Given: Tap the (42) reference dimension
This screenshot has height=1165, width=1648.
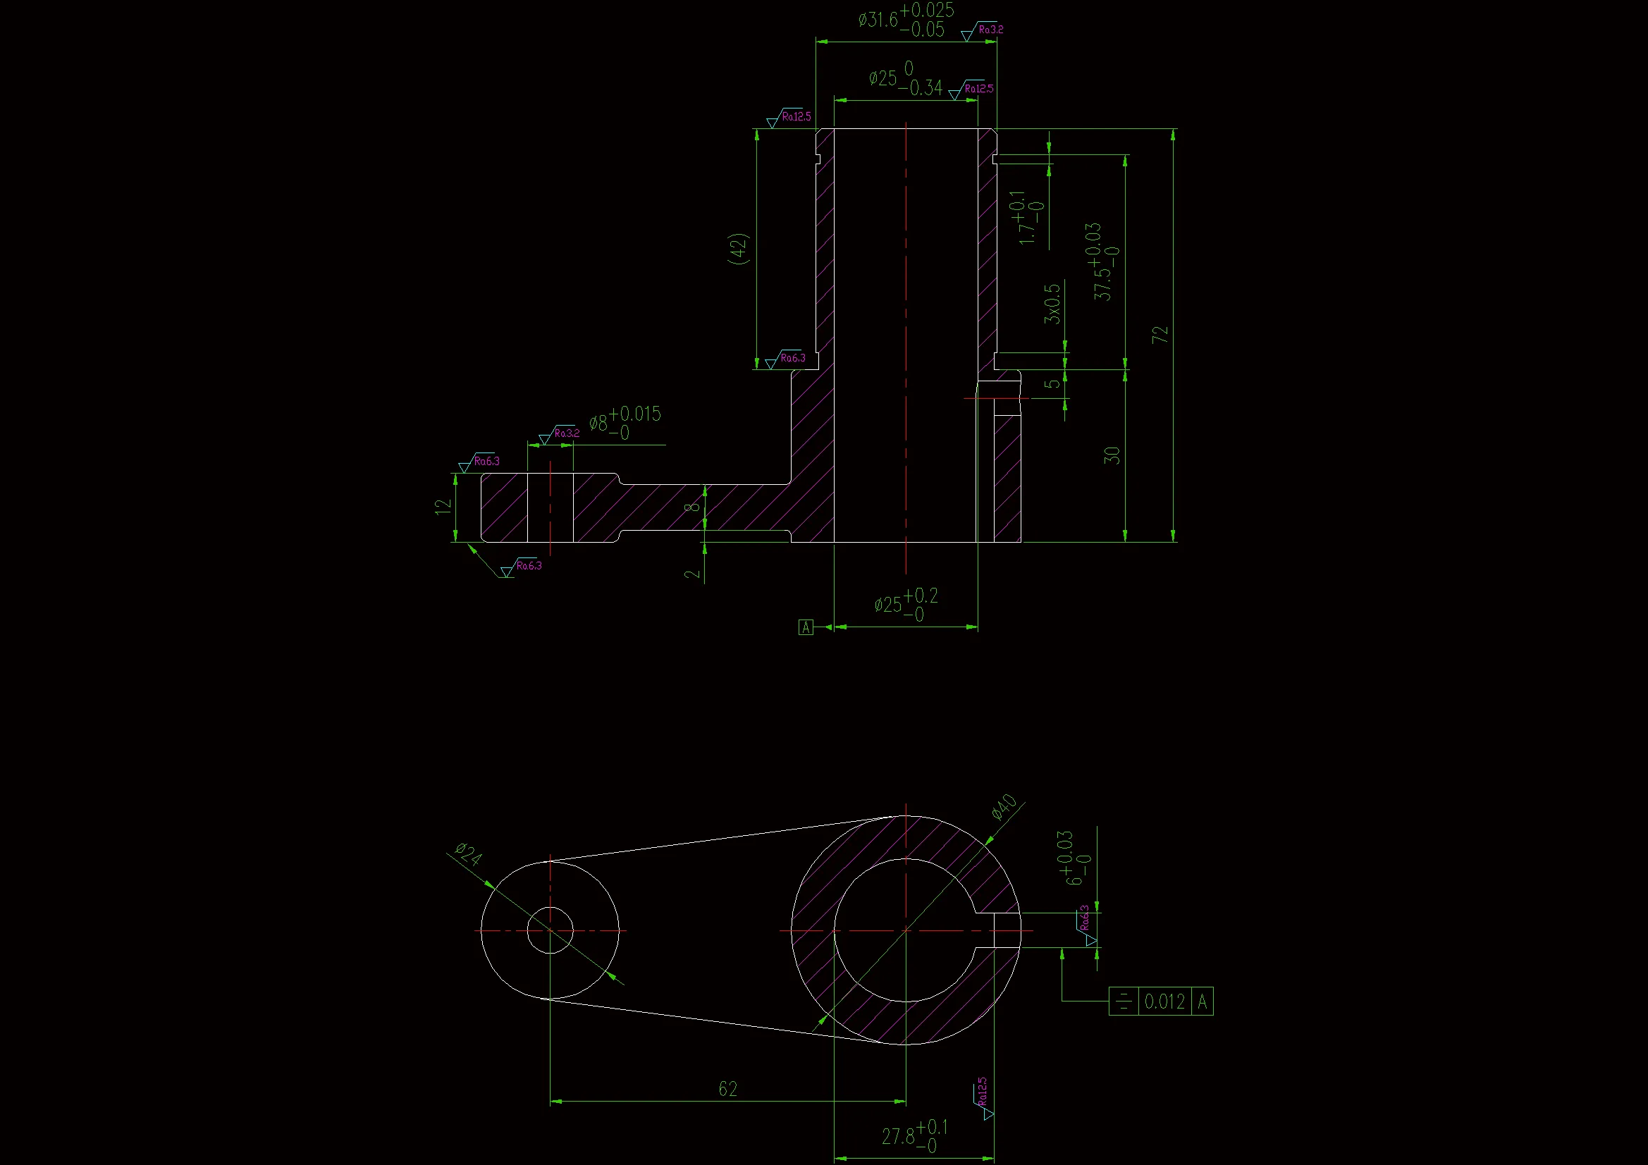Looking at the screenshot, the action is pyautogui.click(x=739, y=248).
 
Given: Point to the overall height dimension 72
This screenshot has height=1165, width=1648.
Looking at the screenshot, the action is pyautogui.click(x=1160, y=335).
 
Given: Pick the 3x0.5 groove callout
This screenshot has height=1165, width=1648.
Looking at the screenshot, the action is pyautogui.click(x=1052, y=304).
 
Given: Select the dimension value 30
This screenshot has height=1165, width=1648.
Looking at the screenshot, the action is pyautogui.click(x=1111, y=455).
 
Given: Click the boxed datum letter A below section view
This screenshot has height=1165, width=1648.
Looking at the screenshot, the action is pyautogui.click(x=806, y=627).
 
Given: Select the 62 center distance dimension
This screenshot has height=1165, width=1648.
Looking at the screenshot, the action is pyautogui.click(x=728, y=1089).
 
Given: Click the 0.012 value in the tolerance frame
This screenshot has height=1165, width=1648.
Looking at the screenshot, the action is pyautogui.click(x=1164, y=1001).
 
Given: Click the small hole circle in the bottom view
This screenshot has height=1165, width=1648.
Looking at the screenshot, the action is pyautogui.click(x=550, y=930).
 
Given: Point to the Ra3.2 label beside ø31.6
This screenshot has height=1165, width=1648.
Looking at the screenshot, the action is pyautogui.click(x=990, y=30).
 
